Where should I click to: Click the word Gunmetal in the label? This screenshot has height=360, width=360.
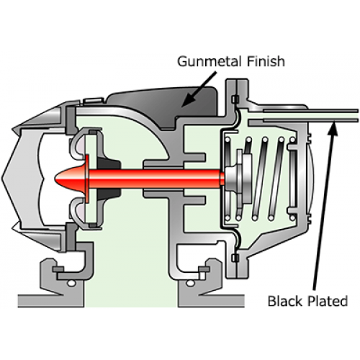coord(209,62)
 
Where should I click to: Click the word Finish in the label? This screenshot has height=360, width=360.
coord(266,61)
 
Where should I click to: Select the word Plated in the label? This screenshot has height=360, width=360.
coord(328,301)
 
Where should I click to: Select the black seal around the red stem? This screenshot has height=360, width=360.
coord(109,179)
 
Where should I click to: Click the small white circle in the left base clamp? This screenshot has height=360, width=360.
coord(71,284)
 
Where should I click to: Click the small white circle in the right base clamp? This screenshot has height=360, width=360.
coord(190,284)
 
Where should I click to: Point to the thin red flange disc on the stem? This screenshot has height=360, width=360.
coord(87,179)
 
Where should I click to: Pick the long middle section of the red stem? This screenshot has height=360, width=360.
coord(153,179)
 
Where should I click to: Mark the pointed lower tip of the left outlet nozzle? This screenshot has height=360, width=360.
coord(13,228)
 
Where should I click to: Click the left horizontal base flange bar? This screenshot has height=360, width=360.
coord(51,301)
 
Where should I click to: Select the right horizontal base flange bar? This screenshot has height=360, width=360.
coord(211,301)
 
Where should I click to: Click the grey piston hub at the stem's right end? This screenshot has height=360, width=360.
coord(232,179)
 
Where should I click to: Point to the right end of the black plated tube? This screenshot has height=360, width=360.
coord(358,115)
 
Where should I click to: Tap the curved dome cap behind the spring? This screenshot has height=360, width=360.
coord(310,179)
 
